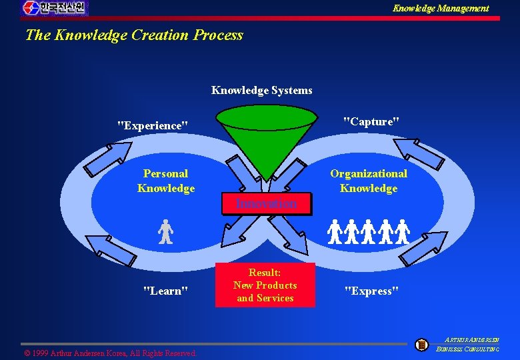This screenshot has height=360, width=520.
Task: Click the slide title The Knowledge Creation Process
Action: click(134, 35)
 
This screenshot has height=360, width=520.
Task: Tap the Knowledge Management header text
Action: click(440, 8)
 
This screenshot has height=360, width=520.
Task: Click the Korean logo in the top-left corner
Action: click(54, 8)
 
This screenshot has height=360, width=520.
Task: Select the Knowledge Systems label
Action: click(261, 90)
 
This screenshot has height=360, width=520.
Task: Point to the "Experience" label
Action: click(152, 125)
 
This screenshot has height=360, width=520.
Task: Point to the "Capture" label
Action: click(371, 121)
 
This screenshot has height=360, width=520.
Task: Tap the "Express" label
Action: click(371, 291)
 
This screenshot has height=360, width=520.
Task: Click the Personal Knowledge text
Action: click(166, 181)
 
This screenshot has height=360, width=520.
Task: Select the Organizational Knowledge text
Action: click(369, 181)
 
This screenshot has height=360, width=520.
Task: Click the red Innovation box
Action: click(266, 203)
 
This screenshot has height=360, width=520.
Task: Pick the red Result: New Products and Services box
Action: click(265, 285)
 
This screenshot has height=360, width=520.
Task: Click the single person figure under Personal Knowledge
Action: click(165, 232)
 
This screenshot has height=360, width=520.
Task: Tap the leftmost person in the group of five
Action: click(335, 231)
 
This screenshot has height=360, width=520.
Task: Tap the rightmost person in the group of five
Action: click(402, 231)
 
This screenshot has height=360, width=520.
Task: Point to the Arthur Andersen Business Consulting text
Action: click(468, 343)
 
